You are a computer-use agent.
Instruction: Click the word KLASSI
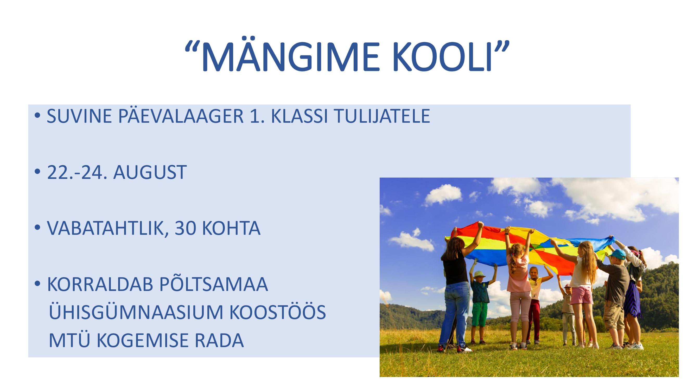click(x=299, y=116)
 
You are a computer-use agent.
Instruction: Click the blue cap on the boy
click(x=617, y=253)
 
